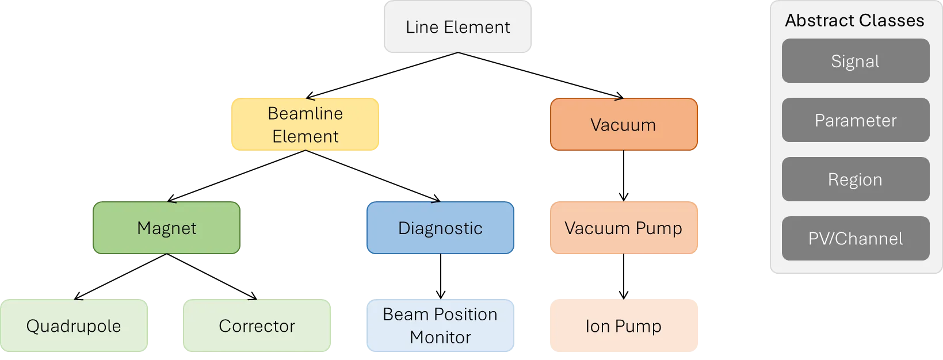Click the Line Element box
(x=457, y=27)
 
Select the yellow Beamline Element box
(x=305, y=124)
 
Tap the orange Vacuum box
(x=624, y=124)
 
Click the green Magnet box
(x=166, y=228)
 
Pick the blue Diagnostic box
(x=440, y=228)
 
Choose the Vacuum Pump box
(x=624, y=228)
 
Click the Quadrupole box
(x=74, y=325)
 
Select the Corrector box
(x=257, y=325)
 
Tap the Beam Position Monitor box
(x=440, y=325)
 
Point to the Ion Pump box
(x=624, y=325)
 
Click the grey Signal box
(x=855, y=61)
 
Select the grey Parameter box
(x=855, y=120)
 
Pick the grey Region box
(x=855, y=179)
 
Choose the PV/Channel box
(x=855, y=239)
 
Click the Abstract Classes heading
(x=854, y=21)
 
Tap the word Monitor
(x=440, y=337)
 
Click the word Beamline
(x=305, y=113)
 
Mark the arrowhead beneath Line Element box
(x=457, y=53)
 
